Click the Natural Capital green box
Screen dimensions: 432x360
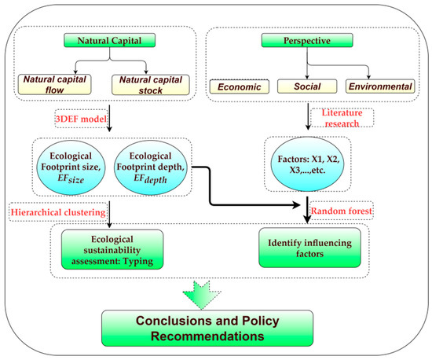110,41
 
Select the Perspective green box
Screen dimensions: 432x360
307,41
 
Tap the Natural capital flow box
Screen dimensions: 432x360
54,84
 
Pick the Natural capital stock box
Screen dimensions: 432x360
151,85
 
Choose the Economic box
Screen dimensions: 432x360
240,86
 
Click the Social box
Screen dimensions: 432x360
307,86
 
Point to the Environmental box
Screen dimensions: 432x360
380,86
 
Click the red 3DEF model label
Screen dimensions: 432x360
81,119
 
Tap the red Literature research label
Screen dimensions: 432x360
342,118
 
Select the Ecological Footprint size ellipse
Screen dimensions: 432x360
71,167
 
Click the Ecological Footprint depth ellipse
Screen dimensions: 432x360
151,167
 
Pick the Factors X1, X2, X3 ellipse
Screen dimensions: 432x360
307,164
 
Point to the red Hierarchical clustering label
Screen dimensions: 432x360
58,212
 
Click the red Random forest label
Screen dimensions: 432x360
342,211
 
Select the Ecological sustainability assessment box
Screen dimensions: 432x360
112,249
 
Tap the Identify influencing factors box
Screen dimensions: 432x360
309,248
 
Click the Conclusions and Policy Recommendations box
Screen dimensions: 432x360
207,328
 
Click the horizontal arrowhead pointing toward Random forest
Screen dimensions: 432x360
297,205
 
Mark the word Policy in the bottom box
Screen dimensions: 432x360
260,321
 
